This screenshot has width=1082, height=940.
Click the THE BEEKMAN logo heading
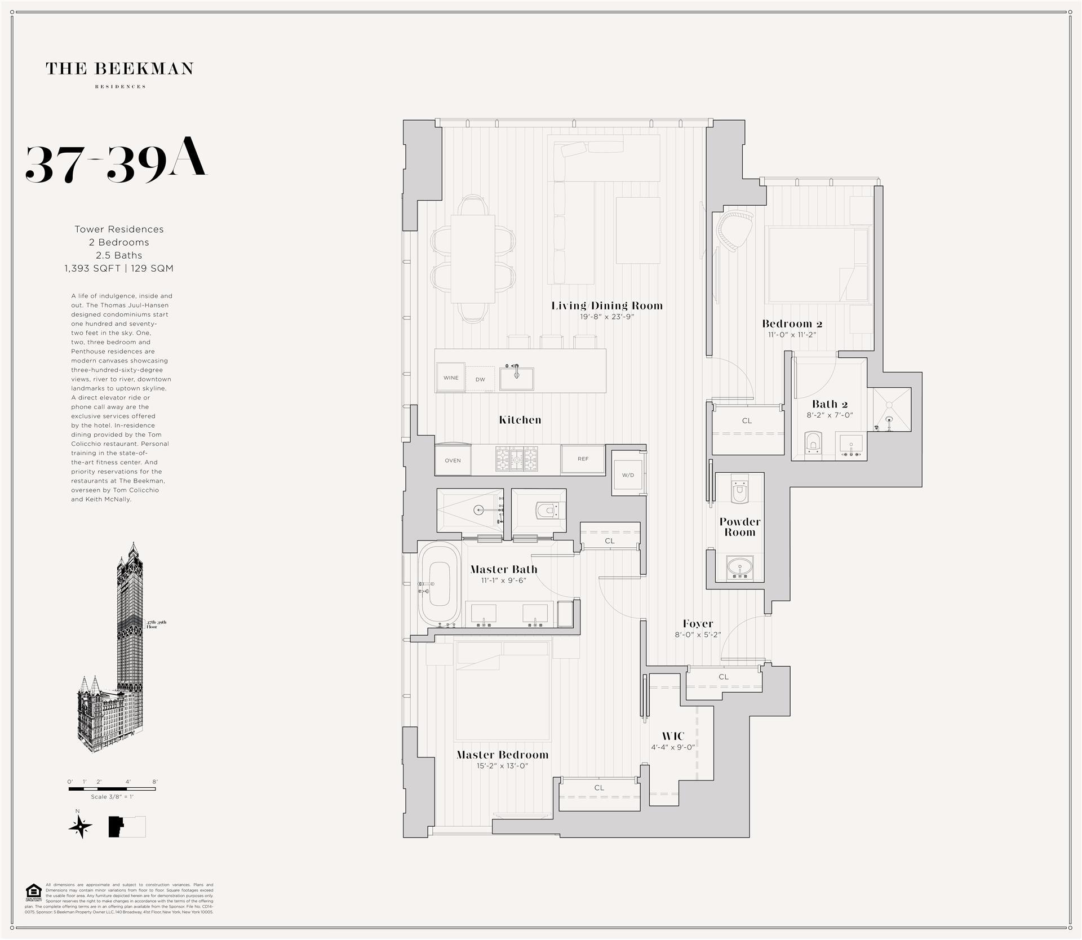[x=119, y=69]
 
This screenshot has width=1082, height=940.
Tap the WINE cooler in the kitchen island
[x=450, y=378]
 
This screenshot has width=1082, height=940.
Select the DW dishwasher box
[x=480, y=379]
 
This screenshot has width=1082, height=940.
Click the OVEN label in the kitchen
[x=453, y=460]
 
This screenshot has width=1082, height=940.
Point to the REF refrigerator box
[x=583, y=459]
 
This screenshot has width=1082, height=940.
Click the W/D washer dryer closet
[x=628, y=475]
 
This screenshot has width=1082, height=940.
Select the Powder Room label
[x=739, y=527]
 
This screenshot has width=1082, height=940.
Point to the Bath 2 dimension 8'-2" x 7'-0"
[x=830, y=415]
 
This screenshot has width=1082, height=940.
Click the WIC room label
[x=673, y=736]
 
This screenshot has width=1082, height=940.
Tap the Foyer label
[x=698, y=623]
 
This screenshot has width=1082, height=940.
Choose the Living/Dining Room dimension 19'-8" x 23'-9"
[x=607, y=317]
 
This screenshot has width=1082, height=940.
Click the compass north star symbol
[x=80, y=827]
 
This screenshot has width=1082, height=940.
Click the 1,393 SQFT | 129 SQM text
[x=119, y=268]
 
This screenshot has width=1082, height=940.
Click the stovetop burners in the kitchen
[x=516, y=459]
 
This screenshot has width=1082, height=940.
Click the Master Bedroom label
[x=502, y=755]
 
